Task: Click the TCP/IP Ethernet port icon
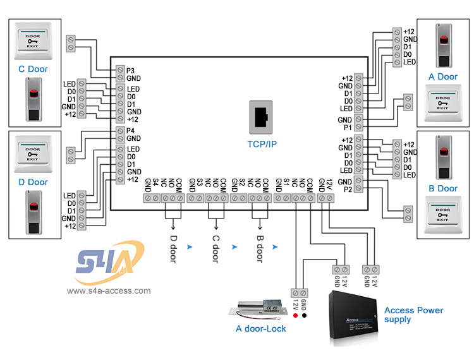tap(262, 117)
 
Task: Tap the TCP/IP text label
tap(262, 144)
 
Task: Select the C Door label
tap(33, 69)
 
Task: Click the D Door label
tap(33, 182)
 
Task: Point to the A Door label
tap(442, 77)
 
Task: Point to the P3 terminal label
tap(131, 70)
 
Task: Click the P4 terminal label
tap(131, 131)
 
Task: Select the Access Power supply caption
tap(413, 315)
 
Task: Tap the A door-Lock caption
tap(260, 328)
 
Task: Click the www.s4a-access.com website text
tap(109, 291)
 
